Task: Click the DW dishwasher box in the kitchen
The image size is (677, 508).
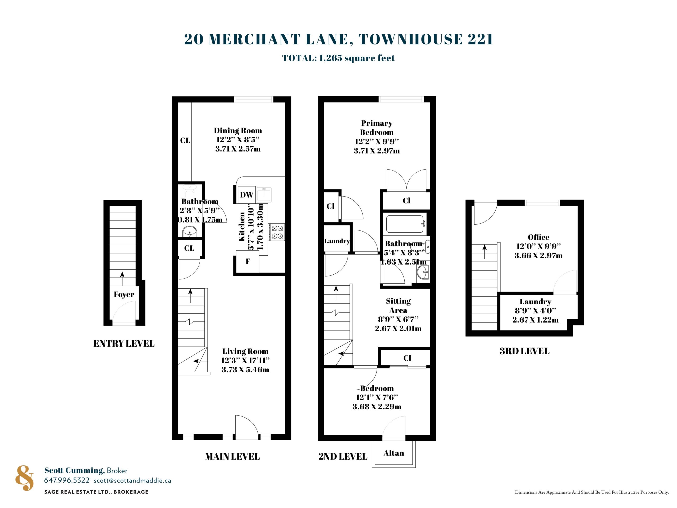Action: click(x=246, y=195)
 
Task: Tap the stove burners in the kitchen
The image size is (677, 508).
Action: click(x=277, y=232)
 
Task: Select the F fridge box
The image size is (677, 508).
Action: click(x=248, y=261)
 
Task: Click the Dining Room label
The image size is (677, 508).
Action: click(x=238, y=130)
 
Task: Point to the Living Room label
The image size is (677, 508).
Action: click(x=245, y=351)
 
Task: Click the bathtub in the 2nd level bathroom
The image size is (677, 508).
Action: click(x=405, y=224)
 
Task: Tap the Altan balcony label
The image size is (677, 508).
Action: click(x=394, y=453)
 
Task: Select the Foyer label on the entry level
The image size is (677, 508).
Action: click(x=124, y=294)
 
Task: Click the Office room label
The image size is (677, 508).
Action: click(x=538, y=237)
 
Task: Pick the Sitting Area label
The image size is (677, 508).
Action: click(x=398, y=305)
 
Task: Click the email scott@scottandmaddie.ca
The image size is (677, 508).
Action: click(x=132, y=480)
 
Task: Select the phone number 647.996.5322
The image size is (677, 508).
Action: click(x=67, y=480)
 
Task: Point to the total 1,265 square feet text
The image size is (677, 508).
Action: click(x=338, y=58)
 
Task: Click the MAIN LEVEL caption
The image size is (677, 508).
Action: click(x=232, y=457)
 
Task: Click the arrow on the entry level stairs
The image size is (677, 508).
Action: click(x=122, y=278)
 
